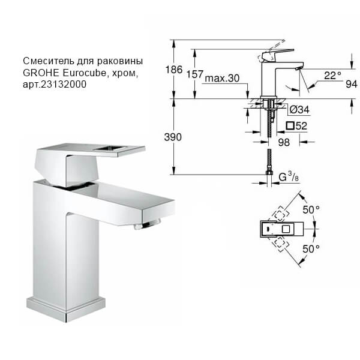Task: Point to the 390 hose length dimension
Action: point(173,137)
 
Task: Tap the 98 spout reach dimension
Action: point(284,142)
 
